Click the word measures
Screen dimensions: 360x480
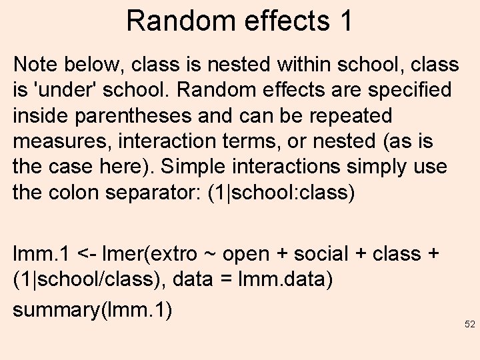pyautogui.click(x=57, y=141)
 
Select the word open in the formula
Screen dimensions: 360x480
pyautogui.click(x=246, y=255)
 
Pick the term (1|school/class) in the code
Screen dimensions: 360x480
pyautogui.click(x=87, y=279)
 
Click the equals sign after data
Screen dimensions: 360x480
pyautogui.click(x=228, y=280)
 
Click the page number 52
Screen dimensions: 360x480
pyautogui.click(x=469, y=325)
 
